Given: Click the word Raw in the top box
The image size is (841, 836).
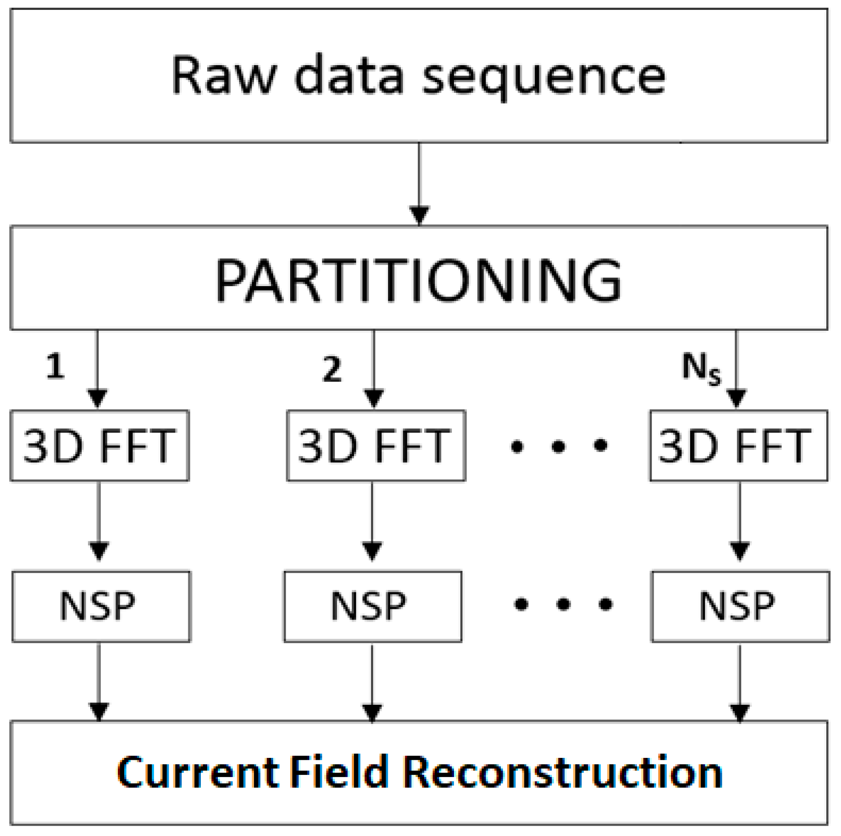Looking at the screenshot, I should click(x=224, y=76).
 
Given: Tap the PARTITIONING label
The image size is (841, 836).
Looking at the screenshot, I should click(x=418, y=280).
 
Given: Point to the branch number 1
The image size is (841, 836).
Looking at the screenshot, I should click(x=55, y=366).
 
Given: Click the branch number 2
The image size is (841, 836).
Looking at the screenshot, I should click(x=332, y=370).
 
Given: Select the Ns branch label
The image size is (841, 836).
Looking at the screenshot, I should click(x=701, y=368).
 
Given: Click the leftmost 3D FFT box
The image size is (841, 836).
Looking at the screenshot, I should click(x=99, y=445).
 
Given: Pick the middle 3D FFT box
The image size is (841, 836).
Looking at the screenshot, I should click(x=376, y=445).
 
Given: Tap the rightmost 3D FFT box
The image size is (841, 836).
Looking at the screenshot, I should click(x=738, y=445).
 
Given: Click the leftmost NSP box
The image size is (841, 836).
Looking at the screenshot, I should click(x=101, y=606).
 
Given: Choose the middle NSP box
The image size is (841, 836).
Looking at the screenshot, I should click(x=373, y=606).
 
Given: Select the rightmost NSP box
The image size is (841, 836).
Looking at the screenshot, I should click(x=740, y=606).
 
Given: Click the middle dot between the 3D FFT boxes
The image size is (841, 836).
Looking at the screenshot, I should click(x=558, y=445).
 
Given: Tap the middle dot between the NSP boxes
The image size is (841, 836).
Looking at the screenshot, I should click(x=563, y=604).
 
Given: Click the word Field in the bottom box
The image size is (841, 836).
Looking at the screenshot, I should click(x=339, y=772).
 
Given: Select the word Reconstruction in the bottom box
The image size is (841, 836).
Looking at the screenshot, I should click(x=562, y=772).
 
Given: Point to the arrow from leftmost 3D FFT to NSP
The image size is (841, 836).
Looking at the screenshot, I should click(x=99, y=520).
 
